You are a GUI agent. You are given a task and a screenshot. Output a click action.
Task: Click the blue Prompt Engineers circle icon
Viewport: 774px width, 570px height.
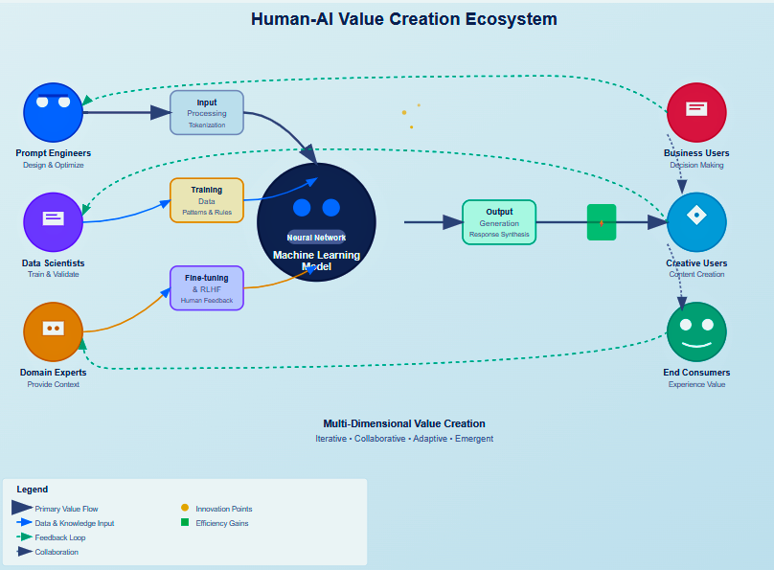pos(54,112)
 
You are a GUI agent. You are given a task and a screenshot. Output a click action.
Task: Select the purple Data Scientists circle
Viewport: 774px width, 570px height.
pos(54,222)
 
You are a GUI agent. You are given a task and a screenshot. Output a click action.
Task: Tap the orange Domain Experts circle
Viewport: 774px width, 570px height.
pos(54,331)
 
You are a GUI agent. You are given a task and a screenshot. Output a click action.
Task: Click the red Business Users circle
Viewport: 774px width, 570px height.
pos(696,112)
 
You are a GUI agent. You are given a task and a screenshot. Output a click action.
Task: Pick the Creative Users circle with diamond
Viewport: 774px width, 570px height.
pos(696,222)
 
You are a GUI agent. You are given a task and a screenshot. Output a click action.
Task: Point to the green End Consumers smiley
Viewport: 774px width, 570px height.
pos(696,331)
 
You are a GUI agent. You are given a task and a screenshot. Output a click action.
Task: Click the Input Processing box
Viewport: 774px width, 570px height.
pos(207,112)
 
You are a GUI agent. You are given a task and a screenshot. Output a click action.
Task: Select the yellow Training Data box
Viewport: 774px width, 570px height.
pos(207,200)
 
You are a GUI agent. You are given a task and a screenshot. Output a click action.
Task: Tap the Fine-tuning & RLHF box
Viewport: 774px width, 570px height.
pos(207,288)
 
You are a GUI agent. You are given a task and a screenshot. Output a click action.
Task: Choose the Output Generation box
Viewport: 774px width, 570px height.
pos(499,222)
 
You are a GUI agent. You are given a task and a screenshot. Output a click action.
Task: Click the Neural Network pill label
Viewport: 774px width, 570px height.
pos(316,238)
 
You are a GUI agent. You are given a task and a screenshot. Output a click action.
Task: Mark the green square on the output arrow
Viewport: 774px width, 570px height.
pos(602,222)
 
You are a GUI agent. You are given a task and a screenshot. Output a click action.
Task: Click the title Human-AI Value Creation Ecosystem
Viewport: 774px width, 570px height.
pos(404,19)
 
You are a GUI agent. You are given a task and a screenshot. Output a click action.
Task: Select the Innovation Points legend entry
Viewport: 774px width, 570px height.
pos(216,509)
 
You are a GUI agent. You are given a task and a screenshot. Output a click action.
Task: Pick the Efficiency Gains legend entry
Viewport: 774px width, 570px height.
pos(215,523)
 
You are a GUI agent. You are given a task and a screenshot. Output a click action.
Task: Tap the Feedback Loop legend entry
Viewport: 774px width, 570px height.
pos(51,537)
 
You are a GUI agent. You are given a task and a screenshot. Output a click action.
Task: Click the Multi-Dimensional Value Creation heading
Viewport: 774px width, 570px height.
pos(404,423)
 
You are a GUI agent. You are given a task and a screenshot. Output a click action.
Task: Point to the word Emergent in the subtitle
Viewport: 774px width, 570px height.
pos(474,439)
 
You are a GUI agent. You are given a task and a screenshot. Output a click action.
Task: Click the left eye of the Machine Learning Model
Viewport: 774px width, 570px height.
pos(302,208)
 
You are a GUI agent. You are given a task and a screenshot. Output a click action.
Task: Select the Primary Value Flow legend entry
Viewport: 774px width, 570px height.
pos(55,509)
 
